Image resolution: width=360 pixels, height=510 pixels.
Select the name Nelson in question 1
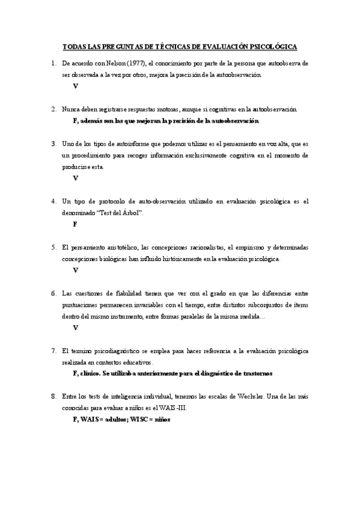[x=109, y=63]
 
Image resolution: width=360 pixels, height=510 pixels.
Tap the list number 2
[x=54, y=109]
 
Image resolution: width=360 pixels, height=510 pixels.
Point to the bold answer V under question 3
[x=75, y=178]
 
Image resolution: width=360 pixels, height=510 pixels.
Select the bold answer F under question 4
[x=75, y=224]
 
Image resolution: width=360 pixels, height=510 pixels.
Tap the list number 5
[x=54, y=247]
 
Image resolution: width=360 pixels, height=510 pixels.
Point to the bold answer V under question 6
[x=75, y=328]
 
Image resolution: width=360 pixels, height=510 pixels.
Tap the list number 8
[x=54, y=396]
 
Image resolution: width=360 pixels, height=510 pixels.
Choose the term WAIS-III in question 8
[x=172, y=408]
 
